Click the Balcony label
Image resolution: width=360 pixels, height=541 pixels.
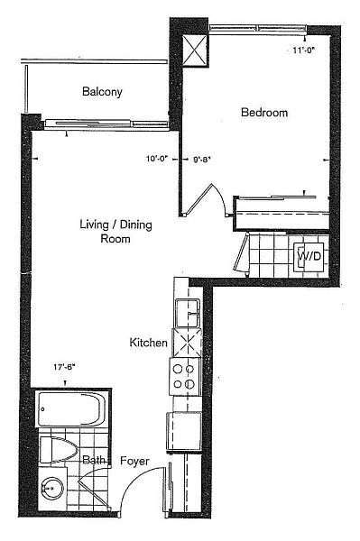[102, 92]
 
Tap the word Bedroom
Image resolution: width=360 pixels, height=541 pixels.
[264, 112]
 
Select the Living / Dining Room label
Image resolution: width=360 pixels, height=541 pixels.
[115, 232]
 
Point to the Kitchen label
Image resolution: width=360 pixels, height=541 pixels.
[148, 343]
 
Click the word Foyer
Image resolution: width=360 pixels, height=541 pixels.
[134, 461]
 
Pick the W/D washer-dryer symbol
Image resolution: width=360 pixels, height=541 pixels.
[309, 256]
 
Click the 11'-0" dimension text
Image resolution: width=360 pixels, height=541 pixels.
[305, 50]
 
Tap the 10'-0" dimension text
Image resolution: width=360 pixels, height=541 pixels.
[157, 159]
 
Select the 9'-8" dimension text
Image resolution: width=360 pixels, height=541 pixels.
[202, 160]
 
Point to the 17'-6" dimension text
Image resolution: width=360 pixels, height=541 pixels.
[64, 367]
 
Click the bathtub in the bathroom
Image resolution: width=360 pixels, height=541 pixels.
[72, 409]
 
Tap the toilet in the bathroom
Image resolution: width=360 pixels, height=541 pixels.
[59, 450]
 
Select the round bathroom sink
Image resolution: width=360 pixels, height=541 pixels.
[52, 488]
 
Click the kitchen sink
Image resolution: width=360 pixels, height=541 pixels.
[188, 313]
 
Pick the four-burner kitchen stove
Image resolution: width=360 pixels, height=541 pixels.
[185, 376]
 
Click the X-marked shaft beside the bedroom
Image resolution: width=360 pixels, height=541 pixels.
[195, 50]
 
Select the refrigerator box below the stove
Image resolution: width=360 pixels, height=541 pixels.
[184, 431]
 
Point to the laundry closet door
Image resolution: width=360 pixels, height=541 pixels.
[241, 252]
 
